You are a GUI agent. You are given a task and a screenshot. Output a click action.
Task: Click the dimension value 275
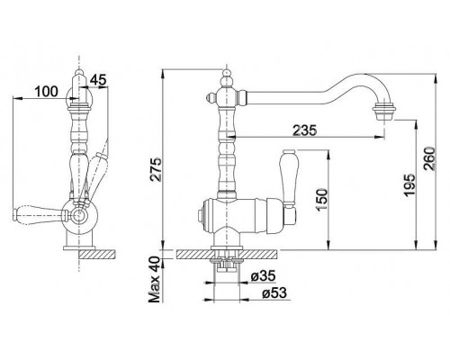(x=156, y=169)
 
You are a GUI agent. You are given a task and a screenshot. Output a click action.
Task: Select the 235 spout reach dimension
(x=305, y=130)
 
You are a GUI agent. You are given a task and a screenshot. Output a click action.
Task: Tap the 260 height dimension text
(x=430, y=158)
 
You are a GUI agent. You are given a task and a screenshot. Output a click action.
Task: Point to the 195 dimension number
(x=409, y=185)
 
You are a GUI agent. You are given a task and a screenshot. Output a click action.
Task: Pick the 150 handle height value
(x=322, y=200)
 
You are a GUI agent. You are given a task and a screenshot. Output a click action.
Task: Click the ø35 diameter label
(x=263, y=276)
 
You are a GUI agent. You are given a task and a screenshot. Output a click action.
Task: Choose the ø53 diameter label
(x=274, y=293)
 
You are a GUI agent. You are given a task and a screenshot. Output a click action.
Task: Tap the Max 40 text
(x=156, y=279)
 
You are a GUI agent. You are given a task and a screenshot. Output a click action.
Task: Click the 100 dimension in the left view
(x=46, y=91)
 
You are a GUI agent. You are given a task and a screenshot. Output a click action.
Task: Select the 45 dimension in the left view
(x=98, y=80)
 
